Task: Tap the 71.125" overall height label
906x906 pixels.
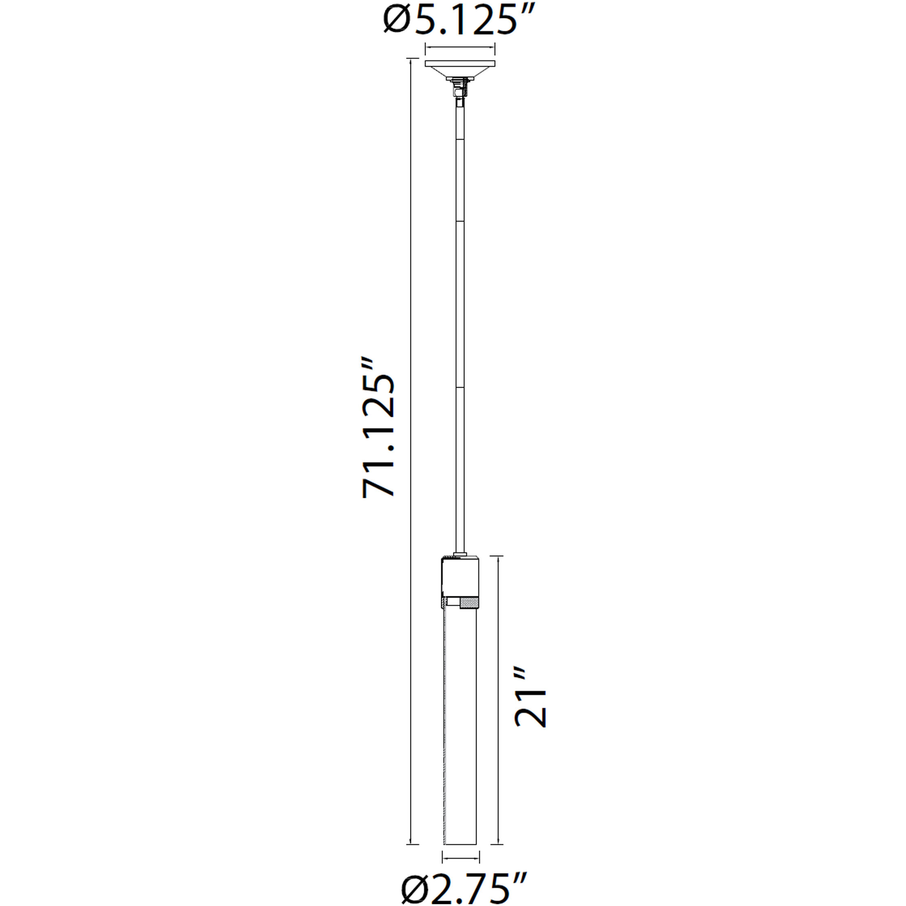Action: (x=378, y=429)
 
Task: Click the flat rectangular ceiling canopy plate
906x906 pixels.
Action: (x=460, y=63)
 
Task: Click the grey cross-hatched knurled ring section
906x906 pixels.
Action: (x=469, y=603)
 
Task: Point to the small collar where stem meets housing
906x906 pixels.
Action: (x=460, y=554)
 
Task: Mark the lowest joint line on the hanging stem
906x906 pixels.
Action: (x=460, y=387)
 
